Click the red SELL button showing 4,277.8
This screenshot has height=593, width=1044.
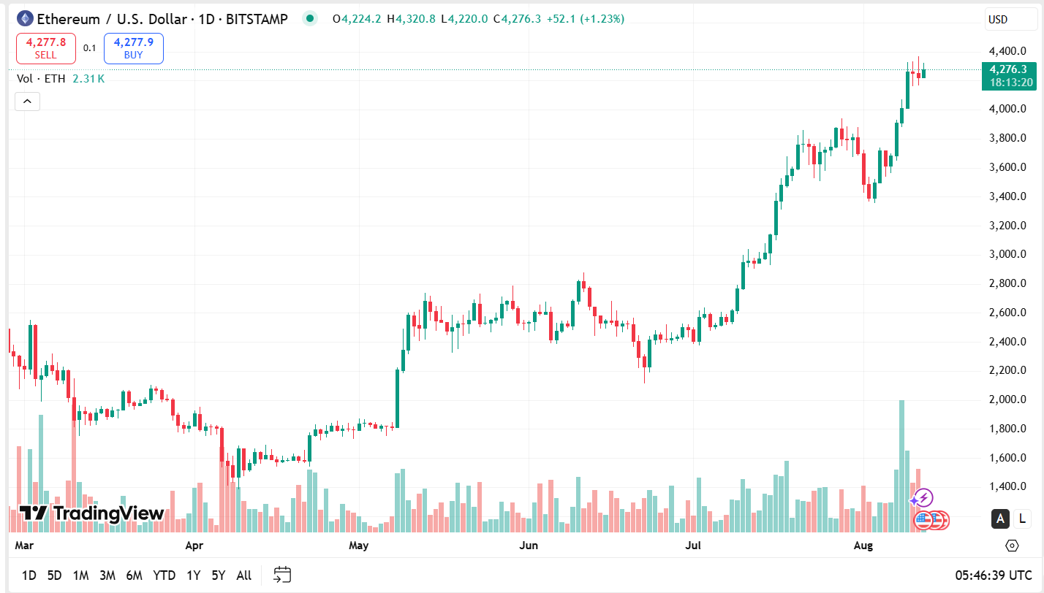(45, 48)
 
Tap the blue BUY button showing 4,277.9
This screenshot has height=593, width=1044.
(133, 48)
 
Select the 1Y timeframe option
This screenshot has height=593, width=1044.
(193, 575)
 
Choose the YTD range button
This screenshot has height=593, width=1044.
(164, 575)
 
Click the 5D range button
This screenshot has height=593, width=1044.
(54, 575)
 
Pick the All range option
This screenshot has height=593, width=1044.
(244, 575)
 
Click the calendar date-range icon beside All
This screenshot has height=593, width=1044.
(282, 575)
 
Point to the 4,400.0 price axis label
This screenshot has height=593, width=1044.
(1007, 51)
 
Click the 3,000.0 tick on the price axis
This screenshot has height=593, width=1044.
(1007, 254)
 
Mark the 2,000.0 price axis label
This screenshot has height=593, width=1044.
(1007, 399)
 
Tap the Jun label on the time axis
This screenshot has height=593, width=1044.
(528, 546)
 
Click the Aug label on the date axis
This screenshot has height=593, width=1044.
(863, 546)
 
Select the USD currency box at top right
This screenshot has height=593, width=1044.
(998, 20)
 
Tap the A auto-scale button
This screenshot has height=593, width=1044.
(999, 519)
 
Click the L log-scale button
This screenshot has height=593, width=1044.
(1021, 519)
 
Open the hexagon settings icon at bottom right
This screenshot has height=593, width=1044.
(1012, 546)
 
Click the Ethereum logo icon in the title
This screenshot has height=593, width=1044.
(25, 19)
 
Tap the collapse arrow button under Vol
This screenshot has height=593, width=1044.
(27, 102)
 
